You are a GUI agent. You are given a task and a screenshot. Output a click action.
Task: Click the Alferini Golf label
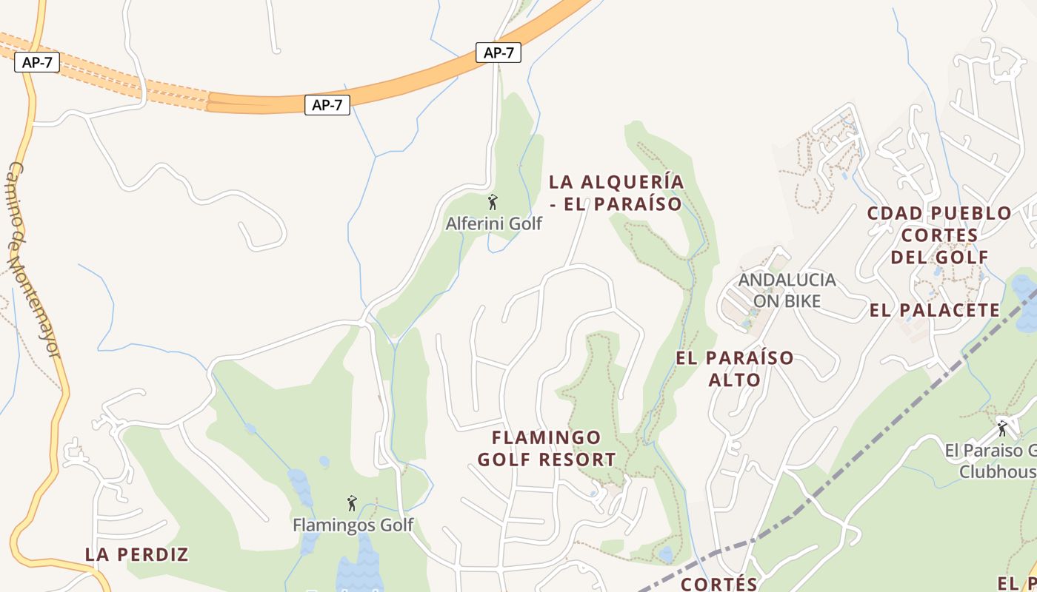point(493,223)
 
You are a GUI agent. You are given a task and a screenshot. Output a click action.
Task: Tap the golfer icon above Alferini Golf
point(493,202)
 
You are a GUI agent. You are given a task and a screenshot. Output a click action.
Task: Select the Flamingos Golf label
point(353,525)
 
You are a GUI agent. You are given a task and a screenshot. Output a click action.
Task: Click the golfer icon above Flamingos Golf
point(352,504)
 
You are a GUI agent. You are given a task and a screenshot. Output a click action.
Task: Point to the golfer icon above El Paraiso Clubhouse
point(1003,428)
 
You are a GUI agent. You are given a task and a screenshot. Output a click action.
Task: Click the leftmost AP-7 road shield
point(37,62)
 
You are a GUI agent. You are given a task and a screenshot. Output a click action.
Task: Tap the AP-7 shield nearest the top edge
point(499,53)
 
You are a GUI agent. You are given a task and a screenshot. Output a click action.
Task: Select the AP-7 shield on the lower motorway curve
point(327,105)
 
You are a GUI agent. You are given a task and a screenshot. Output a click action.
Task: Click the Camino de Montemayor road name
point(34,259)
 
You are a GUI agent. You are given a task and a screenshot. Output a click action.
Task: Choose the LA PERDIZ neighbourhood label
point(137,554)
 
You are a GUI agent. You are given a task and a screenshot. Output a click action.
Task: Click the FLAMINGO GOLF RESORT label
point(547,448)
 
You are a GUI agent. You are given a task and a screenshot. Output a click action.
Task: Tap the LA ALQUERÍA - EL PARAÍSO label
point(616,192)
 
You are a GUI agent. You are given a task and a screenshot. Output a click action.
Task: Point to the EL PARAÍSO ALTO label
point(735,369)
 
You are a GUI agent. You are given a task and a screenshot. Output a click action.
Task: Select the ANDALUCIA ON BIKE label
point(787,290)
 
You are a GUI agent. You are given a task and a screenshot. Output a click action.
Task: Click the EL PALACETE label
point(935,310)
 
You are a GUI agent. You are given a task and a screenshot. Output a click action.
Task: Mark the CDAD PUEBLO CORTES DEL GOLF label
point(939,235)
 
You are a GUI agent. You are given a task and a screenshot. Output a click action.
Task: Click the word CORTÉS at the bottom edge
point(719,584)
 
